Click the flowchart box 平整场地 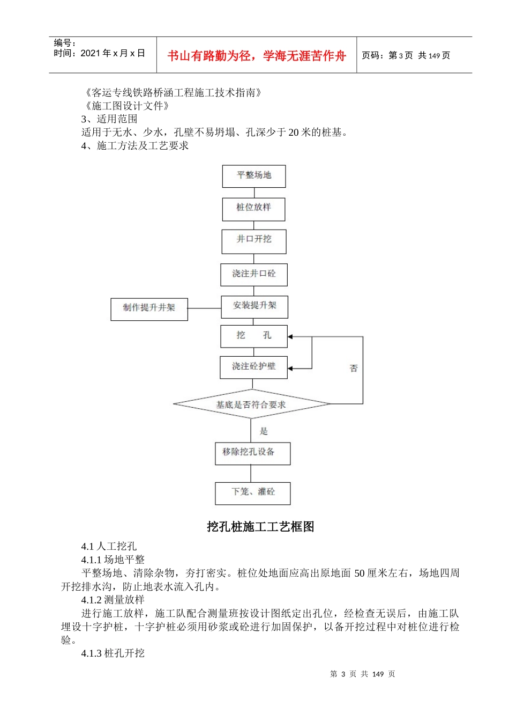(x=254, y=176)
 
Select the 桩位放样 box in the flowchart (x=254, y=209)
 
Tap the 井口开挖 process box (x=254, y=241)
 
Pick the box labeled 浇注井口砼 (x=254, y=274)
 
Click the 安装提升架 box (x=254, y=306)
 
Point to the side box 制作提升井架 (x=149, y=308)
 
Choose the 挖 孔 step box (x=254, y=336)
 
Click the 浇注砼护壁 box (x=253, y=367)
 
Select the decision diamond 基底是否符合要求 (x=251, y=404)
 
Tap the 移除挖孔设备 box (x=252, y=453)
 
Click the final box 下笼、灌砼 (x=253, y=493)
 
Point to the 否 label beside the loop (x=354, y=368)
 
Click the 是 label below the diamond (x=264, y=431)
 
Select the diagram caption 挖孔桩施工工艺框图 (x=260, y=527)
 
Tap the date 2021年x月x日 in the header (x=113, y=53)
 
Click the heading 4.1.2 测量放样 (x=113, y=600)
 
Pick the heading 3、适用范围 (x=109, y=119)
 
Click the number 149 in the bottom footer (x=378, y=674)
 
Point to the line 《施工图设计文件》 (x=128, y=106)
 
